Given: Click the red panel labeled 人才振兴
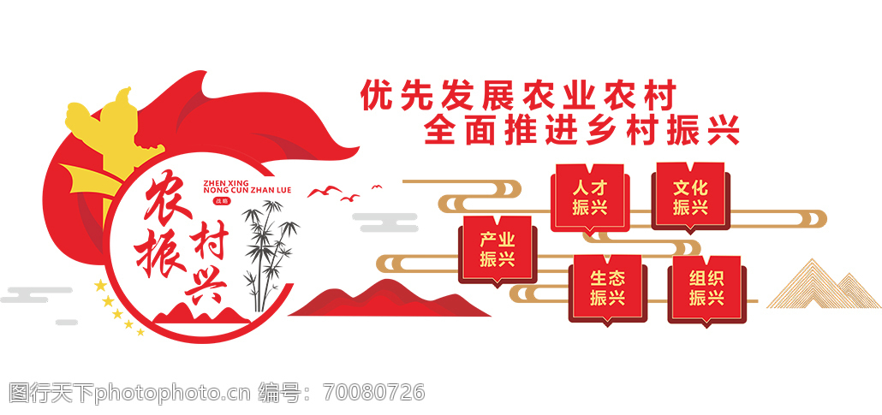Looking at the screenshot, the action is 589,198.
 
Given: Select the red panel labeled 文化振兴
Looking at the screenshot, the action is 690,198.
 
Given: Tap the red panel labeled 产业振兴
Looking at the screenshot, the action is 498,250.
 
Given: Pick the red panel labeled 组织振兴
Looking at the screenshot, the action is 706,289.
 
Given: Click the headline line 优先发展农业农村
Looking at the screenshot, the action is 517,96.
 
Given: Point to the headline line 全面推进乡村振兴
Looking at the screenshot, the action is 581,130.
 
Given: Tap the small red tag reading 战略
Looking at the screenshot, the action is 218,201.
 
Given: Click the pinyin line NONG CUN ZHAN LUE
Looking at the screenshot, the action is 247,191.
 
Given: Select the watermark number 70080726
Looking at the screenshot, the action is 373,393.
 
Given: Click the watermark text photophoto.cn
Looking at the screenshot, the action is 172,393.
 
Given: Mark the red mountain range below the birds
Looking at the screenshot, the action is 388,299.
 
